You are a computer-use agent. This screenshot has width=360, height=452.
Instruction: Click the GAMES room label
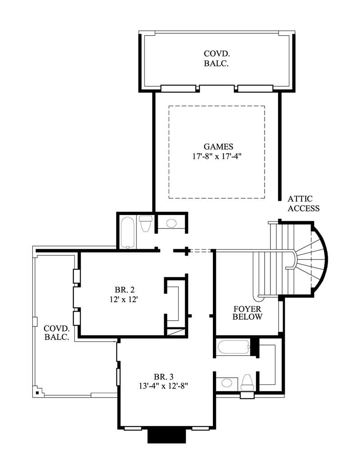pyautogui.click(x=218, y=147)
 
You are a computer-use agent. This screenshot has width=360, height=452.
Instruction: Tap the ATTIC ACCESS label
pyautogui.click(x=303, y=203)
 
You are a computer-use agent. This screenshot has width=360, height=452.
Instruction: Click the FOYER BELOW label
pyautogui.click(x=247, y=313)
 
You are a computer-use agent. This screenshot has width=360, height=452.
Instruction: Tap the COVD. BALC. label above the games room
pyautogui.click(x=216, y=58)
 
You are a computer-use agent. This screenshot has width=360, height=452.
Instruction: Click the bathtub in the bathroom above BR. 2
pyautogui.click(x=127, y=233)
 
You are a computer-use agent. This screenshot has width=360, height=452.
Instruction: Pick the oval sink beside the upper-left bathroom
pyautogui.click(x=171, y=223)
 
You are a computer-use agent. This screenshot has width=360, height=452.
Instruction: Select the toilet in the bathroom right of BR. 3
pyautogui.click(x=247, y=382)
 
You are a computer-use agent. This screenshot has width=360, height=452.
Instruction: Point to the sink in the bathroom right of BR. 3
pyautogui.click(x=226, y=383)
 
